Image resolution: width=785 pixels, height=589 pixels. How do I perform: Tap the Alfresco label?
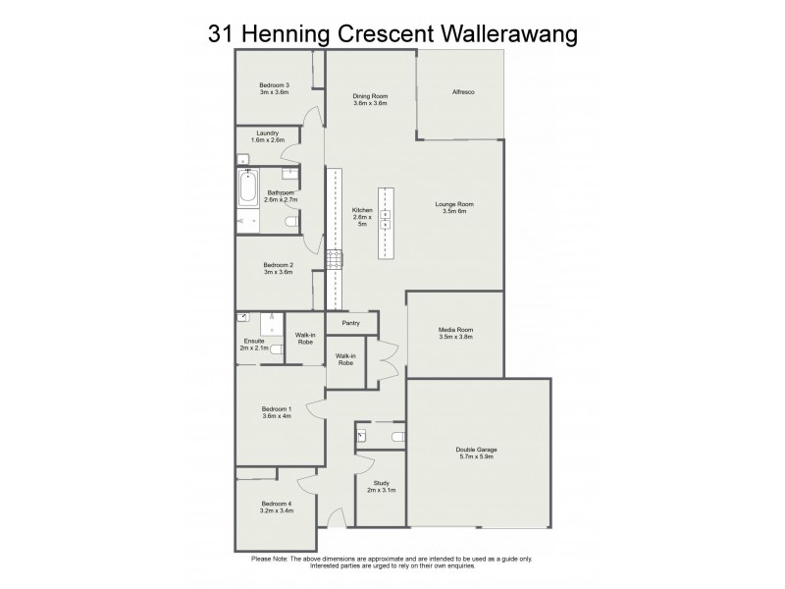[x=463, y=91]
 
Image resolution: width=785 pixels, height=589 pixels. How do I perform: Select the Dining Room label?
[x=370, y=96]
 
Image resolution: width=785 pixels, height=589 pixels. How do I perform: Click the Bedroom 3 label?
[x=274, y=85]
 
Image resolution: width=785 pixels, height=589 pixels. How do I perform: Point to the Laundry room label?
[x=267, y=134]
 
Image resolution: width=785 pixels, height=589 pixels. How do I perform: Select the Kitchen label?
[x=363, y=210]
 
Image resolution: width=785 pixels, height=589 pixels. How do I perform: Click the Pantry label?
[x=350, y=323]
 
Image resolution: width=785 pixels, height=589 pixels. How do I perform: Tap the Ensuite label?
[x=252, y=341]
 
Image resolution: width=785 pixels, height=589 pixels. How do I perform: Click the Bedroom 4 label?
[x=276, y=504]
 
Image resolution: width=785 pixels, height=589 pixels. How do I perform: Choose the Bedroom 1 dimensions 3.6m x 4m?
[x=276, y=416]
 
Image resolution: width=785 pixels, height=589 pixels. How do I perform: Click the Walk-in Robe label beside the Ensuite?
[x=304, y=339]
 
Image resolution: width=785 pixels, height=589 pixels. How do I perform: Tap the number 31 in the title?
[x=221, y=32]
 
